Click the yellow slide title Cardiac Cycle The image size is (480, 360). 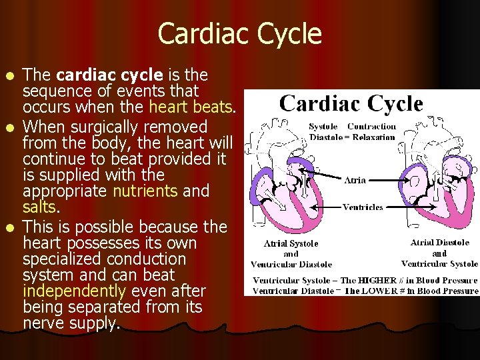click(x=240, y=33)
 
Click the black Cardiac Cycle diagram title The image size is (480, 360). click(x=351, y=104)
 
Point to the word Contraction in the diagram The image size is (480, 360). click(x=372, y=126)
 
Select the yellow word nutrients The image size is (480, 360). click(x=145, y=191)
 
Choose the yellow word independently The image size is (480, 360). click(x=74, y=291)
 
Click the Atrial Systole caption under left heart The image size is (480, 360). click(x=291, y=244)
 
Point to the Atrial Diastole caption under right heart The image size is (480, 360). click(x=440, y=243)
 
